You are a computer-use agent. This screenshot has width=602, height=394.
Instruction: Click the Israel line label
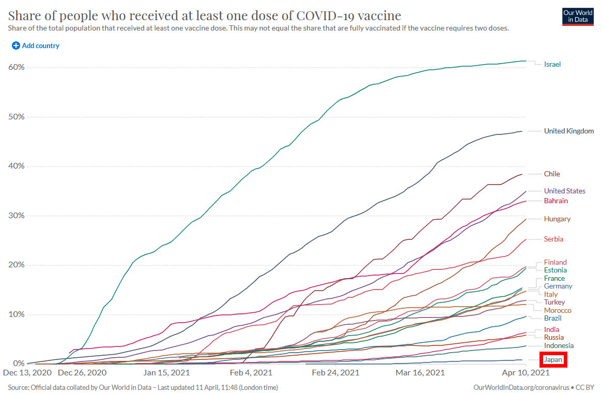(552, 65)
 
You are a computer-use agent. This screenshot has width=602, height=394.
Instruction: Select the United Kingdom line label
(568, 131)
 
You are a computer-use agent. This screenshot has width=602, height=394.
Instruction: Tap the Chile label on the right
(552, 174)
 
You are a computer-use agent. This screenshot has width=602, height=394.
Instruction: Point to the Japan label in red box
(553, 359)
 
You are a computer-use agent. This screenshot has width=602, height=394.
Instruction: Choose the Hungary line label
(557, 219)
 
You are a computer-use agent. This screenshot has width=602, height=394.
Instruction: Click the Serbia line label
(553, 239)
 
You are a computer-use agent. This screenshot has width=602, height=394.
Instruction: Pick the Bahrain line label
(555, 201)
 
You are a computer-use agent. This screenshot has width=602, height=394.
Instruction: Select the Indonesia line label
(559, 346)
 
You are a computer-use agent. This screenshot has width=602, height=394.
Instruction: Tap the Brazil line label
(552, 319)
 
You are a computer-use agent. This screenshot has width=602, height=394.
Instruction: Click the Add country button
(35, 46)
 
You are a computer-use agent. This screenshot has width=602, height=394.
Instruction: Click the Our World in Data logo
(578, 17)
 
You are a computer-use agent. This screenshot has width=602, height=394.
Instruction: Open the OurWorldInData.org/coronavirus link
(521, 387)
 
